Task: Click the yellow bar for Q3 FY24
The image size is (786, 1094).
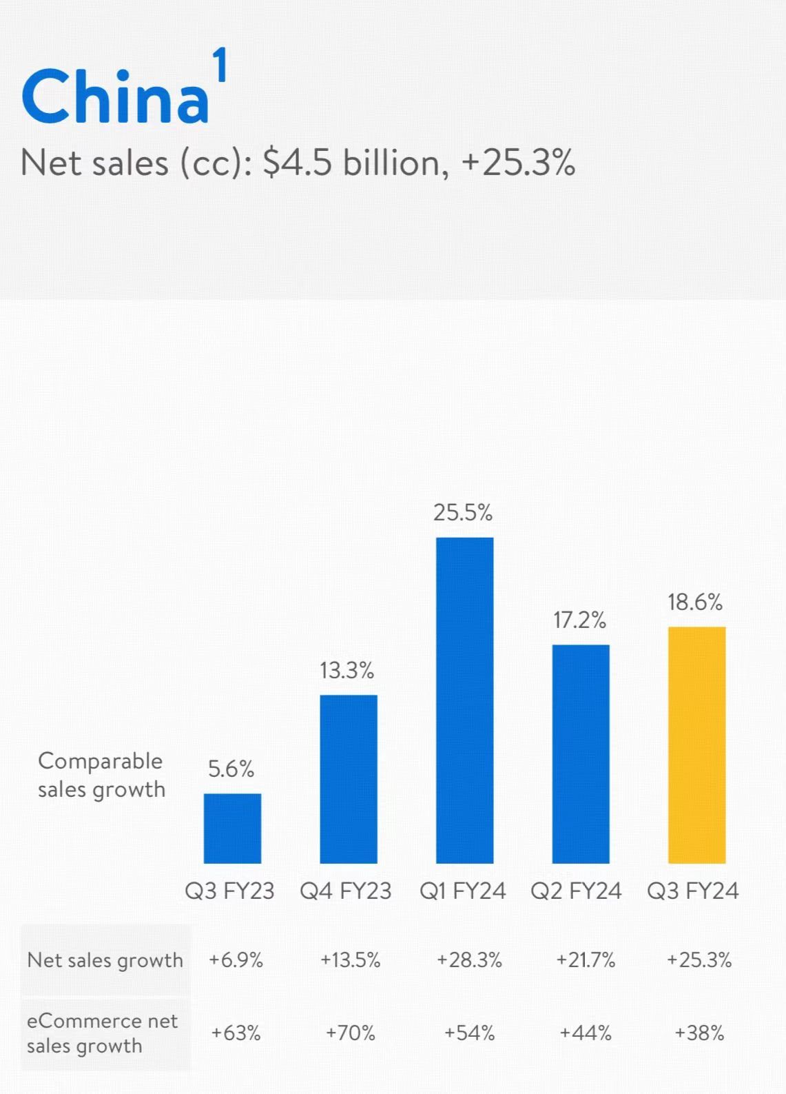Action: [696, 744]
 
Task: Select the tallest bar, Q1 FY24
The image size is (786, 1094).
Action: [464, 700]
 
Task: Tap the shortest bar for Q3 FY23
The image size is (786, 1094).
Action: [232, 828]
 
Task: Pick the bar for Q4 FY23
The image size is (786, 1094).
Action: [348, 779]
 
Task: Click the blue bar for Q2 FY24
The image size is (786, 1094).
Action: [581, 753]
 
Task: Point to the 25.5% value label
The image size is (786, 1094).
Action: [463, 512]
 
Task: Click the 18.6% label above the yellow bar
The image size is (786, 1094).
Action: [695, 602]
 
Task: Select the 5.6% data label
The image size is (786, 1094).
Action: [231, 769]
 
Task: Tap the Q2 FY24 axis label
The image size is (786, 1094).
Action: [576, 891]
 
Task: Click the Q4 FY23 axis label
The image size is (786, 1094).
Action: [345, 891]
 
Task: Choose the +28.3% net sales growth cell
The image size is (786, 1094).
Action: [469, 960]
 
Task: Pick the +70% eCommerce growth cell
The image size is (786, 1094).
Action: [350, 1033]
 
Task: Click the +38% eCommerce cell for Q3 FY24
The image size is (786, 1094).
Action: [699, 1033]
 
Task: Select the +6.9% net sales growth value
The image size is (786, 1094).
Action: [236, 960]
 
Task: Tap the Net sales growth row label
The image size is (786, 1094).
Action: [105, 960]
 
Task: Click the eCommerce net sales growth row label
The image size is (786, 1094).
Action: [102, 1033]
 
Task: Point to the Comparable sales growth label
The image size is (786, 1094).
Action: [101, 775]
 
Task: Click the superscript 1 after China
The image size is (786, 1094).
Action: [219, 67]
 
